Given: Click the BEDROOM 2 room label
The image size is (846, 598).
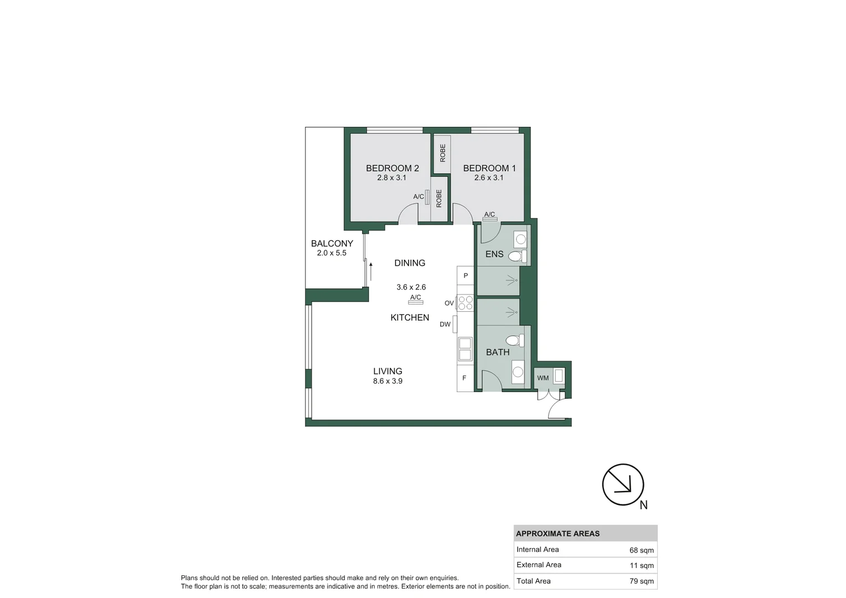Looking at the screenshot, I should pos(392,168).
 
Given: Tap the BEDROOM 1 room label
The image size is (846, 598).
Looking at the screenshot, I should pos(489,168).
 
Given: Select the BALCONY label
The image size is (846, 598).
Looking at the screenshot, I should pos(332,244).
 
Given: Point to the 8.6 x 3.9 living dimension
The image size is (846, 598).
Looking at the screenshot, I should pos(388,382).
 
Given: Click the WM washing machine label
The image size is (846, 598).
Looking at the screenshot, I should pos(543,378).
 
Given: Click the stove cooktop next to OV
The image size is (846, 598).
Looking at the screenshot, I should pos(466,303).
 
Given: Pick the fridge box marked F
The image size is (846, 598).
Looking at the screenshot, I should pos(465,378).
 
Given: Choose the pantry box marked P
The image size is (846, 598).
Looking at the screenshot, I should pos(466,275).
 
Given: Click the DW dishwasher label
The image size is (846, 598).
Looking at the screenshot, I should pos(445,324).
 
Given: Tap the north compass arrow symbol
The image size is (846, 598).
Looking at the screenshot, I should pos(623,484).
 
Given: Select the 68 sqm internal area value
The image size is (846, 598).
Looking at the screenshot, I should pos(641,550).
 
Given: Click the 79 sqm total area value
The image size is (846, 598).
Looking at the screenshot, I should pos(641,581).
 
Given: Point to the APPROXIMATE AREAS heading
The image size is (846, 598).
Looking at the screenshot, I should pos(558,534).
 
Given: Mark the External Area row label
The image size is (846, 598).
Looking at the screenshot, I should pos(539,565).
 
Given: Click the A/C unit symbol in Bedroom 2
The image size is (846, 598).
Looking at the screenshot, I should pos(427,197).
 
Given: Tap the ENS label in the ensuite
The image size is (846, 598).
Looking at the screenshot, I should pos(494,255).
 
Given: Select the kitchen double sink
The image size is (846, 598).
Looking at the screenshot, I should pos(465,349).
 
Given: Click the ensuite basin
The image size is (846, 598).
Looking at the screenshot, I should pos(520,240).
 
